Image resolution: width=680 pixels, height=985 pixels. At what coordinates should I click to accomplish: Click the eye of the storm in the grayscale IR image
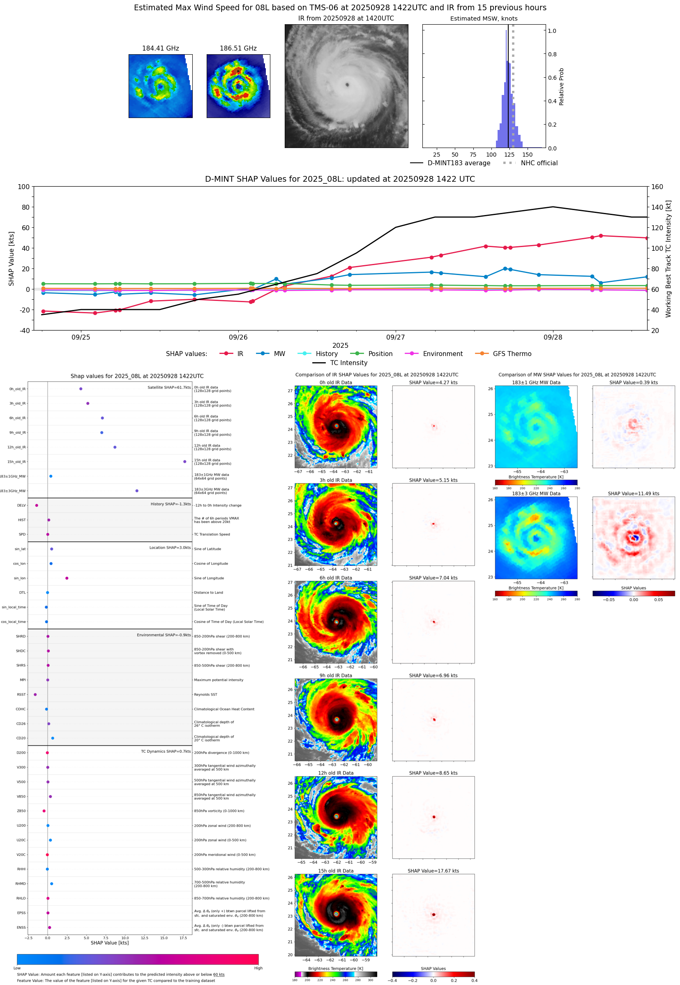click(x=347, y=85)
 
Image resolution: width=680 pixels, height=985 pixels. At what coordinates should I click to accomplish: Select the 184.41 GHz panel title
click(x=160, y=49)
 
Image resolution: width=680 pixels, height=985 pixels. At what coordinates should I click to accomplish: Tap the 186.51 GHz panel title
click(x=238, y=49)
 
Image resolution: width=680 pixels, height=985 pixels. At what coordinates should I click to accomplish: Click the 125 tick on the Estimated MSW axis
click(x=509, y=155)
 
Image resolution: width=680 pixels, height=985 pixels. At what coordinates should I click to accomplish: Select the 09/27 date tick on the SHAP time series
click(x=395, y=337)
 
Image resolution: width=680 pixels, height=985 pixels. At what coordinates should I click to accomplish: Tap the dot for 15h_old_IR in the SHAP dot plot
click(x=184, y=462)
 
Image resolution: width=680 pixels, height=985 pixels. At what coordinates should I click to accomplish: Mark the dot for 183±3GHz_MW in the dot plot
click(x=137, y=490)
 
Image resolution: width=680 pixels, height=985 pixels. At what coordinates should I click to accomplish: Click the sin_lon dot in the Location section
click(x=67, y=578)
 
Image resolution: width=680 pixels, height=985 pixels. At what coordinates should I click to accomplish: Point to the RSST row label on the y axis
click(x=21, y=694)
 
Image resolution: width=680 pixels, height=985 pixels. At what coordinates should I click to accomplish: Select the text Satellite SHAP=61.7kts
click(x=169, y=387)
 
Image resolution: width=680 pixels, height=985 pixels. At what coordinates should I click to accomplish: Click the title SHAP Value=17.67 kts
click(x=433, y=871)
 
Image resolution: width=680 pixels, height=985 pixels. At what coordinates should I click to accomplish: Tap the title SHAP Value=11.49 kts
click(x=633, y=494)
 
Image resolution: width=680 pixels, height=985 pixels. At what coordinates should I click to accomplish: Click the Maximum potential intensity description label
click(x=219, y=680)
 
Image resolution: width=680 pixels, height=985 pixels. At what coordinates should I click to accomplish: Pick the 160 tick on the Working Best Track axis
click(x=657, y=187)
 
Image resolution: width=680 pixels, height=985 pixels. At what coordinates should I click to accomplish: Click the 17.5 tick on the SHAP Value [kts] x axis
click(x=183, y=938)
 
